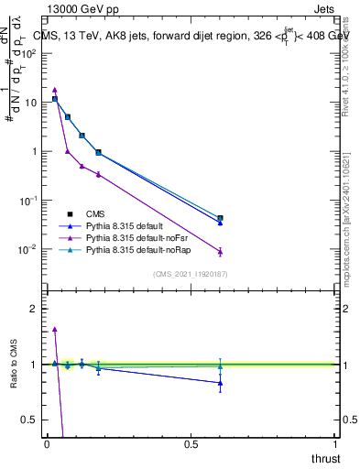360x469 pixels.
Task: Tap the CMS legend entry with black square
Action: pyautogui.click(x=97, y=213)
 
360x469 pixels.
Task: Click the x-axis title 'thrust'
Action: pyautogui.click(x=325, y=458)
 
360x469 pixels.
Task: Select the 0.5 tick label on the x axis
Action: pyautogui.click(x=191, y=444)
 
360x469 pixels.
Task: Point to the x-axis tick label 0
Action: pyautogui.click(x=47, y=444)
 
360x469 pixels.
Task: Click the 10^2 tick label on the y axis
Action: pyautogui.click(x=31, y=53)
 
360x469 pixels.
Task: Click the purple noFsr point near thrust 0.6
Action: pyautogui.click(x=220, y=252)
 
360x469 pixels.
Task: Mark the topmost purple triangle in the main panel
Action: pyautogui.click(x=55, y=90)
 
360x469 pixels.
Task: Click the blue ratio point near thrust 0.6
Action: pyautogui.click(x=220, y=383)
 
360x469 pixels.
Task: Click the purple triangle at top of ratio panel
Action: pyautogui.click(x=55, y=329)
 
